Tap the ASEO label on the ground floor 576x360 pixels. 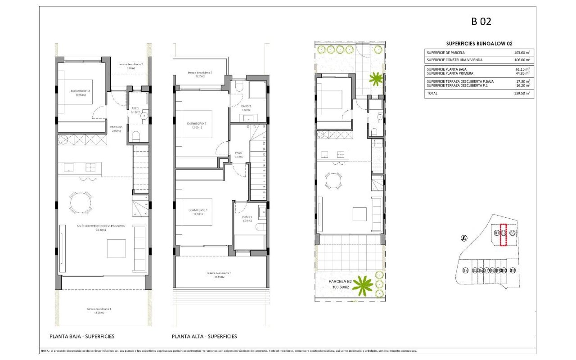tap(135, 108)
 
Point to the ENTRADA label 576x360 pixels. tap(116, 127)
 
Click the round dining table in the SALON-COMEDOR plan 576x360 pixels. tap(80, 203)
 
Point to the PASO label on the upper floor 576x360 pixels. tap(238, 153)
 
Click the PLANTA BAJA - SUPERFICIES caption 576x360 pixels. tap(81, 336)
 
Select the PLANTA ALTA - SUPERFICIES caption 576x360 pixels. tap(204, 336)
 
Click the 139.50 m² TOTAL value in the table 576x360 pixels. tap(522, 93)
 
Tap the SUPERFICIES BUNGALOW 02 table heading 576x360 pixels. tap(479, 44)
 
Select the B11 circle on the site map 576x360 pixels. tap(513, 270)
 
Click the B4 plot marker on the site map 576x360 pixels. tap(465, 270)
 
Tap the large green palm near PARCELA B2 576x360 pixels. tap(362, 285)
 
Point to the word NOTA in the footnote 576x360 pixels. tap(45, 351)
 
